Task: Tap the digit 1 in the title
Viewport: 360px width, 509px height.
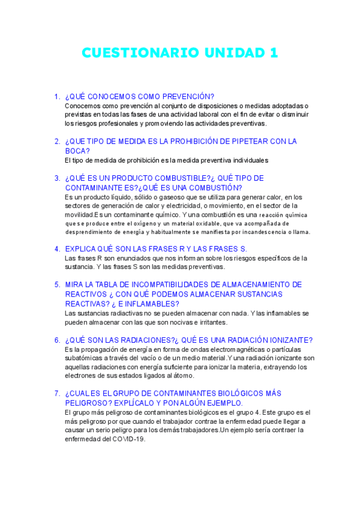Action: tap(274, 53)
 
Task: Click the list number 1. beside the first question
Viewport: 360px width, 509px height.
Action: tap(57, 96)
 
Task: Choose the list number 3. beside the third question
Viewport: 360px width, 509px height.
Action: tap(57, 178)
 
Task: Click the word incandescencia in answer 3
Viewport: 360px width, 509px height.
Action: tap(259, 232)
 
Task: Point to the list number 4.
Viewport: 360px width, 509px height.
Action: tap(57, 248)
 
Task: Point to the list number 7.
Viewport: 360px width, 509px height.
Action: tap(57, 393)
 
